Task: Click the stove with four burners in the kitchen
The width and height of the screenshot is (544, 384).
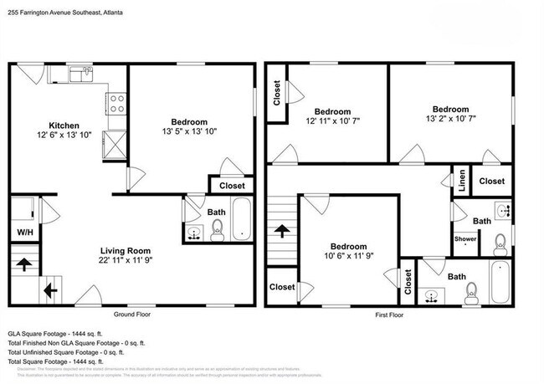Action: [117, 103]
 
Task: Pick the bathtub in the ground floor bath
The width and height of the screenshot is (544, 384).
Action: [240, 219]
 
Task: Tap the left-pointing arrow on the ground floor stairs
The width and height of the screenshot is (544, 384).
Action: [50, 290]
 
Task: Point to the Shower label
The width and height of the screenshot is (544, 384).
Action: [465, 239]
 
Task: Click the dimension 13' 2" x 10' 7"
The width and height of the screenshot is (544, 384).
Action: [449, 119]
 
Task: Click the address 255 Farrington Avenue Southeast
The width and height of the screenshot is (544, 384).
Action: [59, 8]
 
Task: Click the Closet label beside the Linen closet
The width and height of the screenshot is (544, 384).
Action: [492, 181]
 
